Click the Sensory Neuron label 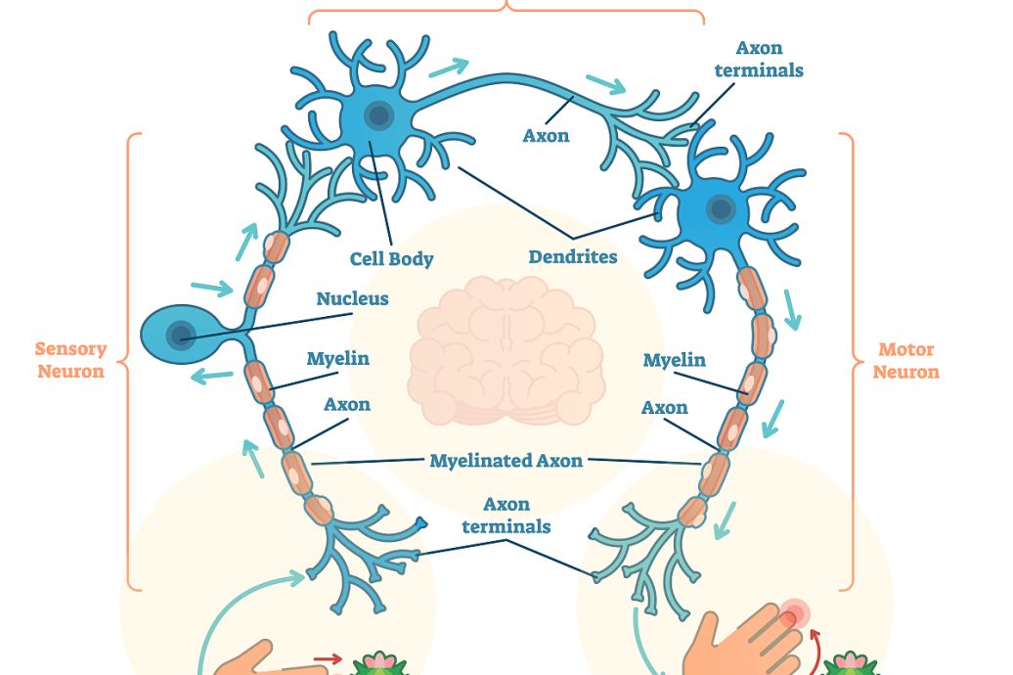click(69, 360)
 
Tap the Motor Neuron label click(905, 360)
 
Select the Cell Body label click(391, 259)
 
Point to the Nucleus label click(352, 298)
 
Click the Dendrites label click(573, 257)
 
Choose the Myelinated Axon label click(506, 460)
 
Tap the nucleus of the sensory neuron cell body click(180, 337)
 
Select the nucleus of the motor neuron click(722, 208)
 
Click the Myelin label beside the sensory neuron click(338, 358)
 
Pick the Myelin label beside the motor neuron click(674, 360)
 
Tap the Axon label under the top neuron click(546, 136)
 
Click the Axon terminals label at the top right click(759, 59)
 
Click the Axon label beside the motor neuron click(665, 407)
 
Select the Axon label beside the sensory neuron click(347, 404)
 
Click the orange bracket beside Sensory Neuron click(130, 362)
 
